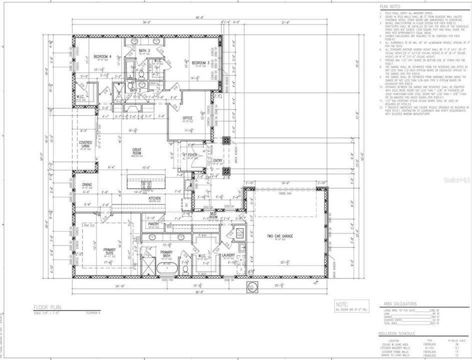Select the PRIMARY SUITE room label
click(x=109, y=251)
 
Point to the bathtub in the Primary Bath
click(x=164, y=269)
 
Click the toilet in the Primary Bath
click(x=185, y=269)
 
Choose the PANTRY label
click(x=153, y=224)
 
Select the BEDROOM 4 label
click(x=103, y=56)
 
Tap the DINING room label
click(x=86, y=184)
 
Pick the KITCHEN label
click(x=154, y=198)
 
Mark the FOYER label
click(x=192, y=155)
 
